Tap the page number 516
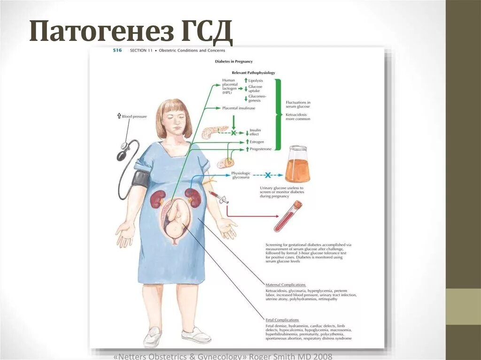117,51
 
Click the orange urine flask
297,165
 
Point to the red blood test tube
287,216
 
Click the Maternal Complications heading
286,285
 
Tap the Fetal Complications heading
282,320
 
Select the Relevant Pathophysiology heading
253,73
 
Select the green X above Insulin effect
233,133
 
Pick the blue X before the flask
268,175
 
